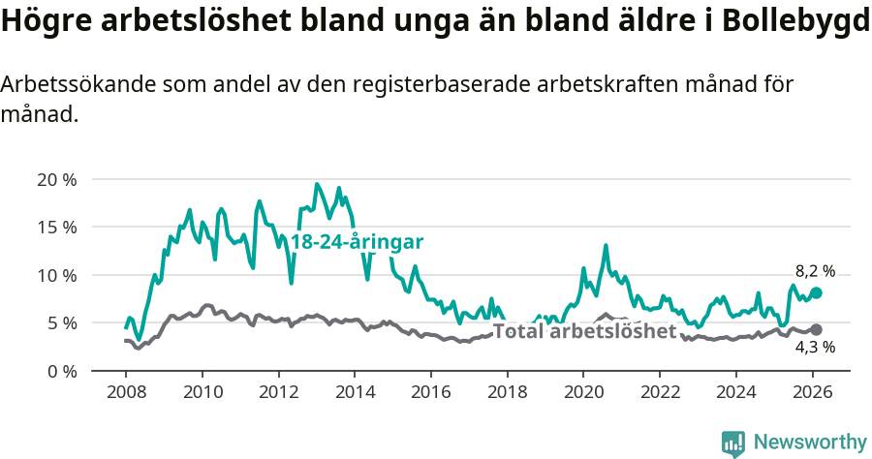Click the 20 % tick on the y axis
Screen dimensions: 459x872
click(x=56, y=180)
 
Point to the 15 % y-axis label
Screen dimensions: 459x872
click(x=56, y=228)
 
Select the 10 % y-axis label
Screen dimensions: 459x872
click(x=56, y=275)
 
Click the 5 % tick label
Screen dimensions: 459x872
click(x=60, y=322)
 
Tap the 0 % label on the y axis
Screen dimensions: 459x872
click(x=60, y=371)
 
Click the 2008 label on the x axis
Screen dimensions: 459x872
click(x=126, y=392)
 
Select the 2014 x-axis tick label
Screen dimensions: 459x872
click(x=355, y=392)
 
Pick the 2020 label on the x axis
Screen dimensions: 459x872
click(x=583, y=392)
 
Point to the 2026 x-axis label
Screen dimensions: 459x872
click(x=812, y=392)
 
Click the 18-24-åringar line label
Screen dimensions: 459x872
click(x=358, y=242)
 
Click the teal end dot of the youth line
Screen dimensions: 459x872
click(x=816, y=292)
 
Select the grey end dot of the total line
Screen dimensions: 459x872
click(x=816, y=330)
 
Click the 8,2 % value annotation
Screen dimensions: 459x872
click(x=815, y=272)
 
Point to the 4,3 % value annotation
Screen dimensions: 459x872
click(x=815, y=348)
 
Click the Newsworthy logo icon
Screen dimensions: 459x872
click(x=733, y=444)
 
